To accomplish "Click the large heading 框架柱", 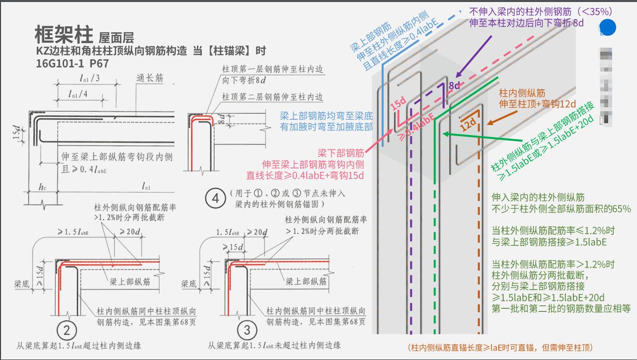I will (x=64, y=34).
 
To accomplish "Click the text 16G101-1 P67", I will (x=72, y=63).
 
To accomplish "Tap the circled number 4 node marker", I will (x=216, y=199).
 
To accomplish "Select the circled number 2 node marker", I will (x=67, y=330).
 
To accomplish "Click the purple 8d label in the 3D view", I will (x=454, y=85).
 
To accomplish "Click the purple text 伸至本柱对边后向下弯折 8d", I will (x=526, y=23).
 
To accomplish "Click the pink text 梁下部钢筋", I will (x=343, y=152).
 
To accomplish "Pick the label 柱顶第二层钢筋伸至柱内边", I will (x=273, y=96).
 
